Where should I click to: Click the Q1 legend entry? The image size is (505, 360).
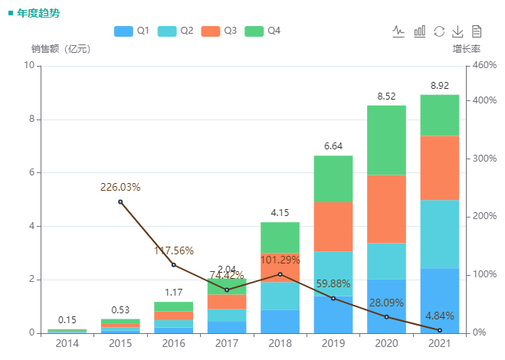[131, 31]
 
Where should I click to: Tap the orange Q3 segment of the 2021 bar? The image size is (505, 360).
[440, 168]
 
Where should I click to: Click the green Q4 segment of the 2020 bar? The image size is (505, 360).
[386, 140]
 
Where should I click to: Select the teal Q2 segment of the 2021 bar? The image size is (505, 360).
[440, 234]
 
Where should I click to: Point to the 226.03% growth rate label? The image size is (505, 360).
[120, 187]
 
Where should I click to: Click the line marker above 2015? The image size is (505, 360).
[120, 201]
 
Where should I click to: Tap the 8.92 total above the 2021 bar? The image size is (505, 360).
[440, 86]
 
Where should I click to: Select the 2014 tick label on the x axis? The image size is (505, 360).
[67, 344]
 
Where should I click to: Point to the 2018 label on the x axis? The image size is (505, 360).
[280, 344]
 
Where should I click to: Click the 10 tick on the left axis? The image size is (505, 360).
[29, 65]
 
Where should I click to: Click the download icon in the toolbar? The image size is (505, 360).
[457, 31]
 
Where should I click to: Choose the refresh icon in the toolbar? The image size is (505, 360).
[438, 31]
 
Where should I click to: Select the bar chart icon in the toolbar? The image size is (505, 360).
[419, 31]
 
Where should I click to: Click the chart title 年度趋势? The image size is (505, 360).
[38, 13]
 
